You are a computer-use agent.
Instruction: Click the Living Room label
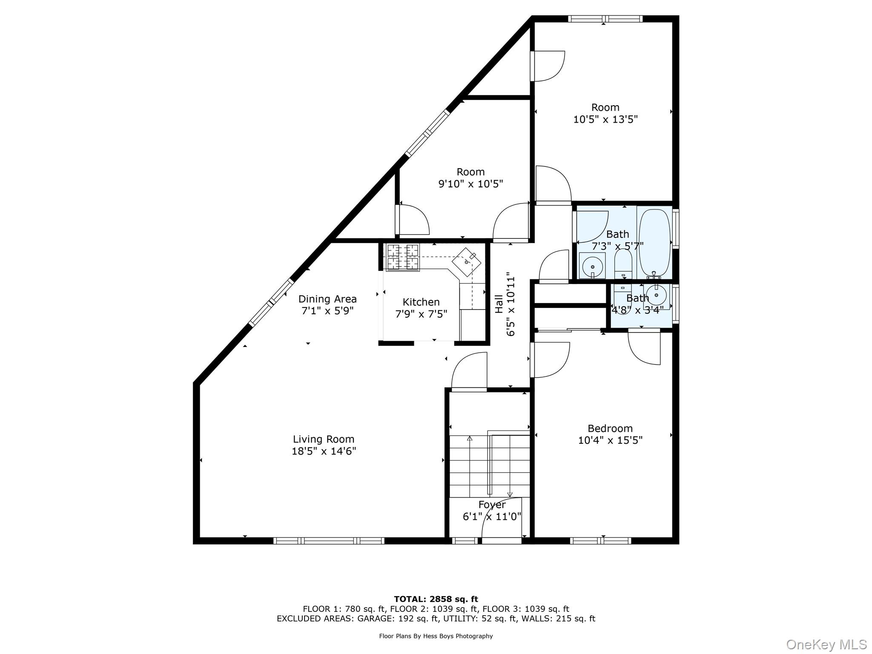324,439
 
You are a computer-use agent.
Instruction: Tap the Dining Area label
327,299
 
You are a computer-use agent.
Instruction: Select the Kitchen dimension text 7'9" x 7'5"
421,314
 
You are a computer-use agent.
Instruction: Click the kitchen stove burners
403,257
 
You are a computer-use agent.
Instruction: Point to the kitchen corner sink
467,261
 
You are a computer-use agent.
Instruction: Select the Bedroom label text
610,428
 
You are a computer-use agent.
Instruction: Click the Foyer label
492,505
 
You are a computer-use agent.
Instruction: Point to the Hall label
499,304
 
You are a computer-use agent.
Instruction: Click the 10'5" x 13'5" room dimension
605,119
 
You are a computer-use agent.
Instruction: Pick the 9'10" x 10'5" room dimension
470,184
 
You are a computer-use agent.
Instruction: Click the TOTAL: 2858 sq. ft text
436,599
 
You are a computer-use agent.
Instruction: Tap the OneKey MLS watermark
826,645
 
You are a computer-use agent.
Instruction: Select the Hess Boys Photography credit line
436,636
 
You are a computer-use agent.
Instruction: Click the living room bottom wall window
329,541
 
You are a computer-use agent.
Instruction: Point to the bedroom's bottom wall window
600,541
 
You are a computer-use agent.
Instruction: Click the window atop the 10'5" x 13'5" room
605,19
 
